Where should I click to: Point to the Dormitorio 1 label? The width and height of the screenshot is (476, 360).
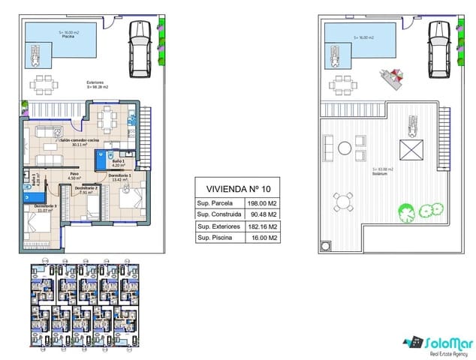coord(120,176)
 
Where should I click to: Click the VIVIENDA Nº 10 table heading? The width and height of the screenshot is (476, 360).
coord(236,188)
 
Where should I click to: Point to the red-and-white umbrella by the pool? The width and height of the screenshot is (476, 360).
coord(392,76)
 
